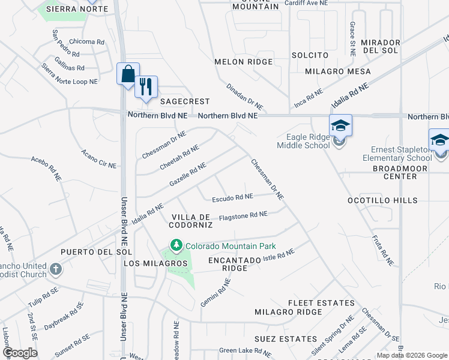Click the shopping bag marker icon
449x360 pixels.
pos(128,75)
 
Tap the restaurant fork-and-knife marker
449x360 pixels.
pos(146,87)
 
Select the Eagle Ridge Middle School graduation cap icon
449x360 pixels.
pos(340,127)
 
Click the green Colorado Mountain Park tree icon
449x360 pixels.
pos(176,245)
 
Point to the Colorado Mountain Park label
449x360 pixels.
pos(231,246)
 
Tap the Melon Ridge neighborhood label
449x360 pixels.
pos(244,62)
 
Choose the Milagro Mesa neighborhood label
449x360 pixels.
pos(337,71)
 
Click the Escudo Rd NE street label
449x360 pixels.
pos(232,197)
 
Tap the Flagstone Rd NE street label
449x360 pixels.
pos(243,215)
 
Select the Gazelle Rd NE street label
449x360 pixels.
pos(188,173)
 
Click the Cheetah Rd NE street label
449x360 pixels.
pos(179,157)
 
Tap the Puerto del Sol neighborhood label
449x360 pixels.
pos(88,251)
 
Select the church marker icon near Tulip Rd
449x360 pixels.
pos(56,269)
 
